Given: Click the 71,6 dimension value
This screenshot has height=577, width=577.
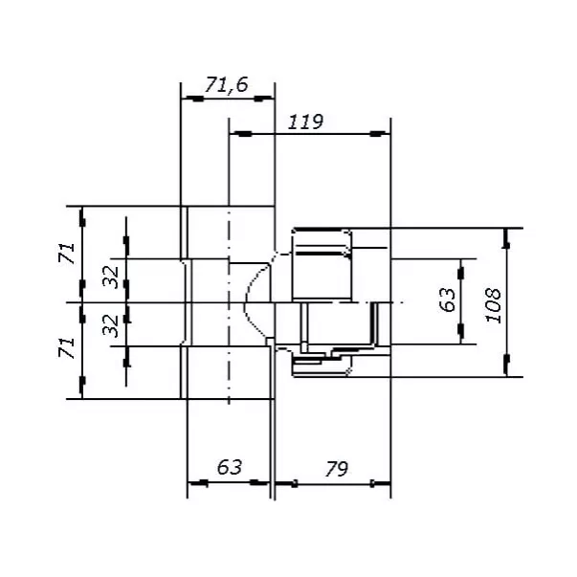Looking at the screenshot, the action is (x=227, y=84).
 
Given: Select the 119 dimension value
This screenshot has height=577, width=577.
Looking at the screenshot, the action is (x=305, y=122).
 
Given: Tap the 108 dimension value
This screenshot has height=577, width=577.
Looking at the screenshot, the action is (x=494, y=305).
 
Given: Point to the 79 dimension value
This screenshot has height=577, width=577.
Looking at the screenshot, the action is (x=336, y=469).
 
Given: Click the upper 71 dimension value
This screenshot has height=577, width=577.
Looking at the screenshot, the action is (x=67, y=253).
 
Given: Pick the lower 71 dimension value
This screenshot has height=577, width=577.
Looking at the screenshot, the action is (x=67, y=347).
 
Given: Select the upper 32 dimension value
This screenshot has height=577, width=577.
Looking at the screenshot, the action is (x=111, y=277).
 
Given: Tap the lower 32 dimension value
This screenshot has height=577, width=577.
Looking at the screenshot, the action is (x=111, y=326).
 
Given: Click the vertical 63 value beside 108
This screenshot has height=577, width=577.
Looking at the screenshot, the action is (x=448, y=300).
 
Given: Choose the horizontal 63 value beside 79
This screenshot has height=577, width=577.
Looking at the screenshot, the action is (x=230, y=467).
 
